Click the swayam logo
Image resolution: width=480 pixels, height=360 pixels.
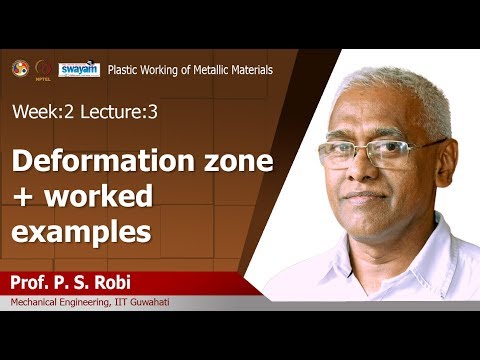tap(78, 69)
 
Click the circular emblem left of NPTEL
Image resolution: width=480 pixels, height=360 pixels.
tap(20, 69)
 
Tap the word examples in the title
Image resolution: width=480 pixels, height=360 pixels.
tap(81, 232)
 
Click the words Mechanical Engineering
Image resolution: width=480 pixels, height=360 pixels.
tap(61, 302)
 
